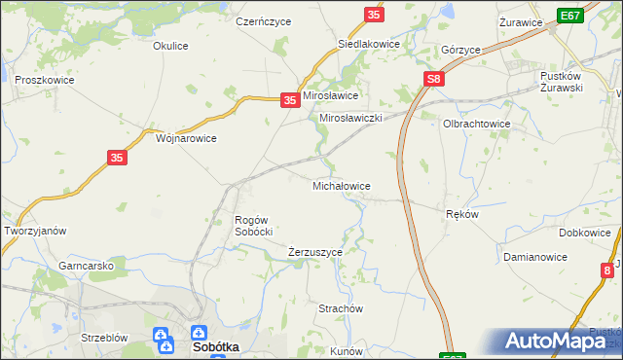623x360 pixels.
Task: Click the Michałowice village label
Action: pyautogui.click(x=341, y=185)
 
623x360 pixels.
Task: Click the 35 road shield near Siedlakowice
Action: pyautogui.click(x=375, y=15)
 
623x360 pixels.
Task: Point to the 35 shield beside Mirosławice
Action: pyautogui.click(x=289, y=99)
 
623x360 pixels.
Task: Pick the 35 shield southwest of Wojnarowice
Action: pyautogui.click(x=117, y=157)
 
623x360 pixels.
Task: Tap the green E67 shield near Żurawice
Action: pyautogui.click(x=570, y=16)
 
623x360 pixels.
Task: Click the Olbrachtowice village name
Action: pyautogui.click(x=477, y=125)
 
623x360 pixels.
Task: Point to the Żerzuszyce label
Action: pyautogui.click(x=314, y=252)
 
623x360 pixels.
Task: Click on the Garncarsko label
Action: pyautogui.click(x=87, y=265)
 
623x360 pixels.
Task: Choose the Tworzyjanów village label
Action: pyautogui.click(x=35, y=231)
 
